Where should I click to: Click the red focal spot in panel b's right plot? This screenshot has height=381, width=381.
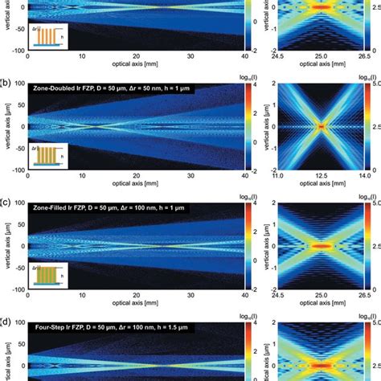pos(322,126)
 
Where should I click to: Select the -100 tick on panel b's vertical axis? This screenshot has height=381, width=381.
pos(17,170)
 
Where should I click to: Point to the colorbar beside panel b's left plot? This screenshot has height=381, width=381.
pos(253,126)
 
